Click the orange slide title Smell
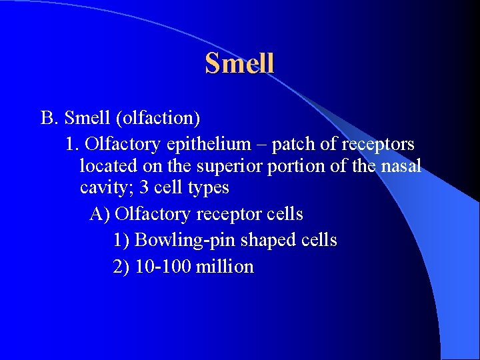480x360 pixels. (239, 63)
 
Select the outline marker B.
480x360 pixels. (50, 118)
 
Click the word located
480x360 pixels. (103, 166)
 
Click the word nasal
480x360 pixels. (401, 166)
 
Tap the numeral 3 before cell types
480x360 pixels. (144, 188)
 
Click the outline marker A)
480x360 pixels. (100, 214)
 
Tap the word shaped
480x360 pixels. (266, 240)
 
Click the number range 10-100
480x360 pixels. (163, 267)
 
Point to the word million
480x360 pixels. (225, 267)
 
